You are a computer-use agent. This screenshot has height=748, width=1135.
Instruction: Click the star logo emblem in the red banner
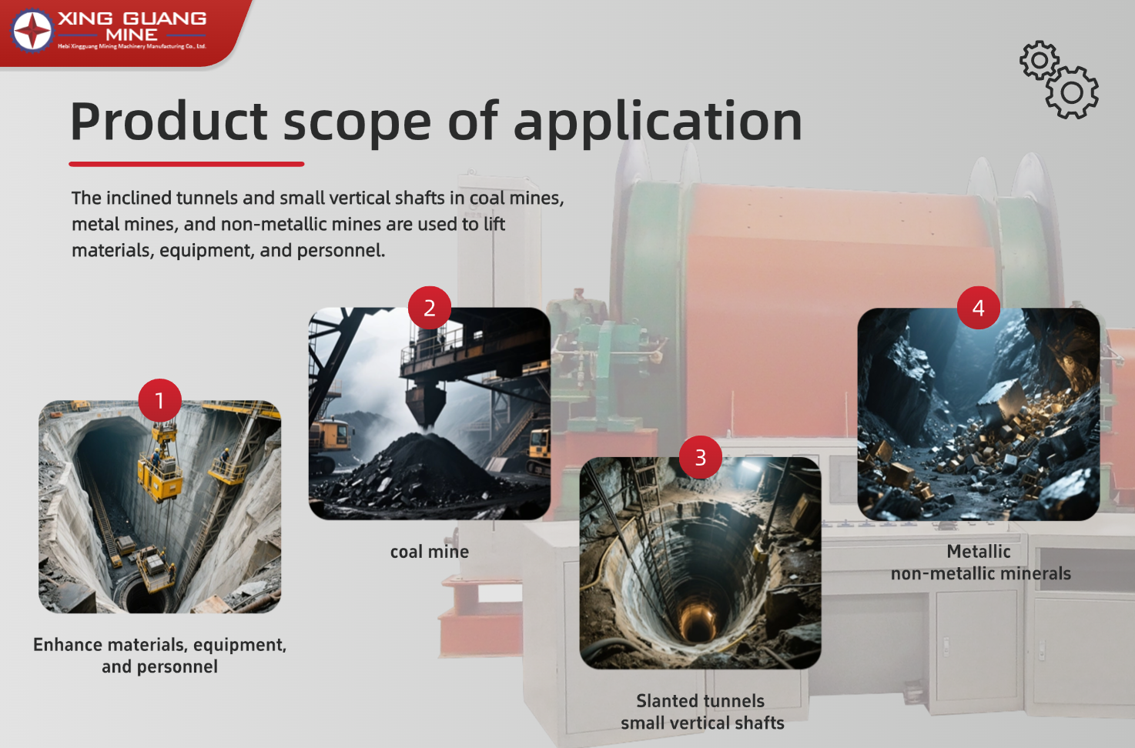pyautogui.click(x=32, y=30)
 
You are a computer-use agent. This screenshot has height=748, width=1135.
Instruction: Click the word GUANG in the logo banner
pyautogui.click(x=165, y=18)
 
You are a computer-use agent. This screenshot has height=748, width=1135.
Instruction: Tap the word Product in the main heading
pyautogui.click(x=169, y=122)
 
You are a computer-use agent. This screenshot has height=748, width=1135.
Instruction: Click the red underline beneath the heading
pyautogui.click(x=186, y=164)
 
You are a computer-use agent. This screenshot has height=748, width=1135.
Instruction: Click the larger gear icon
pyautogui.click(x=1072, y=92)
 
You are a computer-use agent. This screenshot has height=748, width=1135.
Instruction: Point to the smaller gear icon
pyautogui.click(x=1040, y=60)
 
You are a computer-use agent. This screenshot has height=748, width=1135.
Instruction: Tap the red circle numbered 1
pyautogui.click(x=159, y=401)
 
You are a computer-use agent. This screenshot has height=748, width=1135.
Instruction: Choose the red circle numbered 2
pyautogui.click(x=430, y=308)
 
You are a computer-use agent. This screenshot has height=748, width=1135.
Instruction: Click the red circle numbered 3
pyautogui.click(x=700, y=457)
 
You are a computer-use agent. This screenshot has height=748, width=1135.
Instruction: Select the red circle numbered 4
pyautogui.click(x=979, y=308)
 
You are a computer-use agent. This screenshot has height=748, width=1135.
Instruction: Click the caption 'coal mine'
pyautogui.click(x=430, y=552)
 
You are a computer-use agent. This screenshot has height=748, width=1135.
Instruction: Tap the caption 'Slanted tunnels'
pyautogui.click(x=700, y=701)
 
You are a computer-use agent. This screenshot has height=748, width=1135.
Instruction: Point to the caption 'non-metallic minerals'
pyautogui.click(x=981, y=573)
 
